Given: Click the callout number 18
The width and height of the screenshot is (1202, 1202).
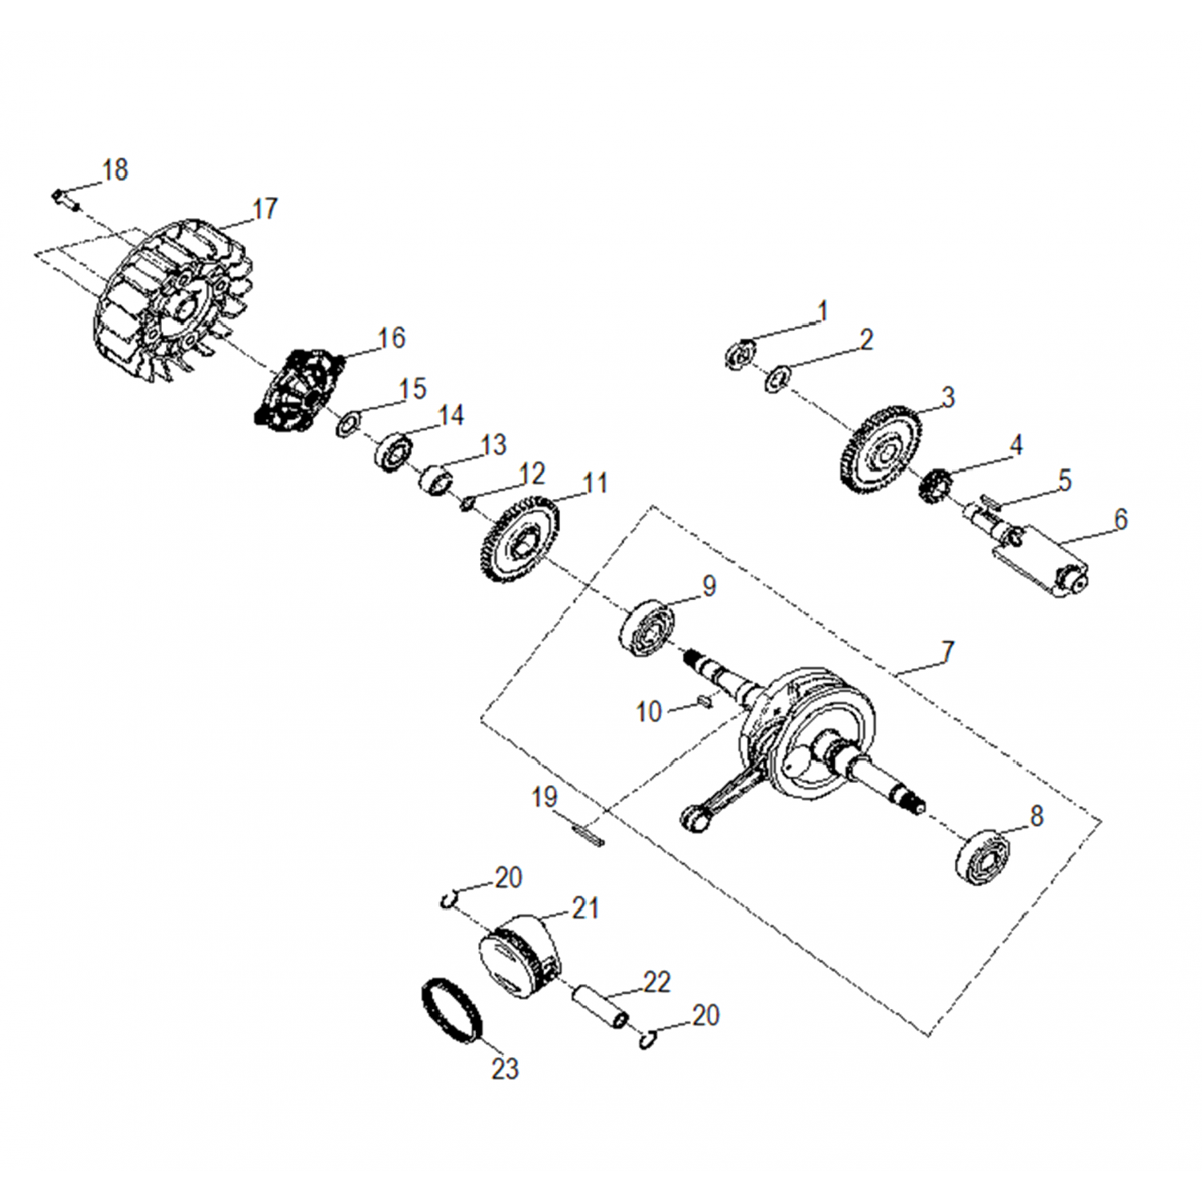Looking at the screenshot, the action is point(115,170).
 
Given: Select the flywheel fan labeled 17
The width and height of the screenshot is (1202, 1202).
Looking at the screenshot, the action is point(174,301).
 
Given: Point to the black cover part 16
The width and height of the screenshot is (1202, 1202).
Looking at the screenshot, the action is point(299,390).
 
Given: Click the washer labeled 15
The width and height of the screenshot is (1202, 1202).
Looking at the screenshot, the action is point(347,425).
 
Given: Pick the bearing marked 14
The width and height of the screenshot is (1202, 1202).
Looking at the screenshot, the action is point(393,452).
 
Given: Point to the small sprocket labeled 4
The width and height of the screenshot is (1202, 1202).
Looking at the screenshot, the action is point(934,486).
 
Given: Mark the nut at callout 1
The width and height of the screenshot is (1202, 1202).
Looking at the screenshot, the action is point(740,355).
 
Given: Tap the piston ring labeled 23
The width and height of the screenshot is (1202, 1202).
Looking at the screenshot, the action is point(453,1011).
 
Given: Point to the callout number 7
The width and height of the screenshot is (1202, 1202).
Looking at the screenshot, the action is point(948,651).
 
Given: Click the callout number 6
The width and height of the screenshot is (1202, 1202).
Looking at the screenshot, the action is point(1120,519).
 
